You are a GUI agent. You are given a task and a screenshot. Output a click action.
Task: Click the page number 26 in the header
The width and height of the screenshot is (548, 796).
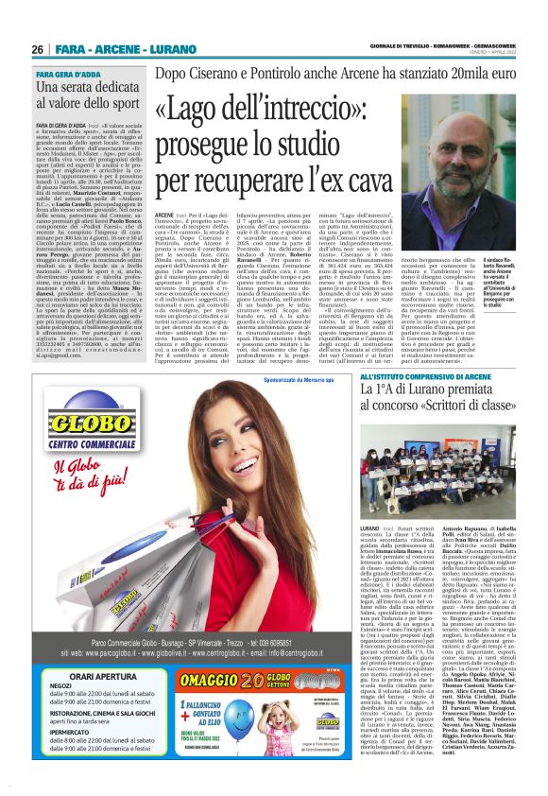pos(39,49)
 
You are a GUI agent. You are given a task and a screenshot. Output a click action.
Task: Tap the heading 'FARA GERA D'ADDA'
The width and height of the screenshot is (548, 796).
pos(69,73)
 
